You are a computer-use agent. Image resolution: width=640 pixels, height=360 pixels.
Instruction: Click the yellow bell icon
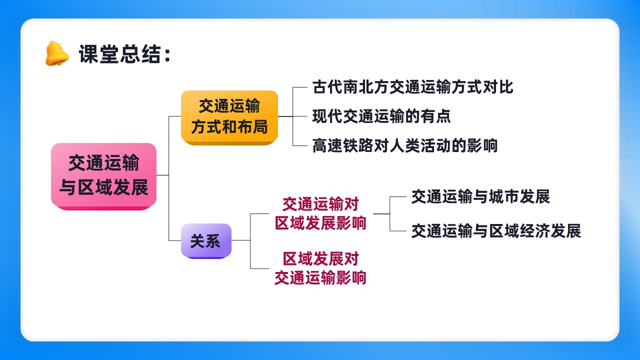coord(57,53)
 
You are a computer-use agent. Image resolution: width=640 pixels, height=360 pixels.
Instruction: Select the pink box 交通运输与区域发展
coord(103,176)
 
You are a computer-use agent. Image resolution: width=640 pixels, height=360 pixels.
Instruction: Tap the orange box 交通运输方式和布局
coord(229,117)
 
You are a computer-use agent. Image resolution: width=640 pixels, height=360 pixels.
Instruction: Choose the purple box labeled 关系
coord(206,241)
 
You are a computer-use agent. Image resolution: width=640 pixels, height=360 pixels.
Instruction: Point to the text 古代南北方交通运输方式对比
coord(412,87)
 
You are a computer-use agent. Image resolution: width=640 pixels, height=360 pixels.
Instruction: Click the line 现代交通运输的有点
coord(381,116)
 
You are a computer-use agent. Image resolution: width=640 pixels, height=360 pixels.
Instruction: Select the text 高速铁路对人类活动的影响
coord(405,145)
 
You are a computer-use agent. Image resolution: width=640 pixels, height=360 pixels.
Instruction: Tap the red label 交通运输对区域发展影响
coord(320,213)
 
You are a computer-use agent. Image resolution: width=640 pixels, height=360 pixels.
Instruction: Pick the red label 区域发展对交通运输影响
coord(320,268)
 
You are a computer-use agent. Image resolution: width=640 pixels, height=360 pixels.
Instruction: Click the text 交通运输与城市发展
coord(480,196)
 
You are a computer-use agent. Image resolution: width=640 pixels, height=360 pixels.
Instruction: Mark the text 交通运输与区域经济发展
coord(496,231)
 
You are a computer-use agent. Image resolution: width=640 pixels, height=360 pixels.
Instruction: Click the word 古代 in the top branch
coord(327,87)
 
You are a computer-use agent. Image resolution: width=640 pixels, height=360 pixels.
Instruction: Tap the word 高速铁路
coord(343,145)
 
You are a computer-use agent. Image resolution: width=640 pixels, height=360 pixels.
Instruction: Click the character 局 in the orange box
coord(260,127)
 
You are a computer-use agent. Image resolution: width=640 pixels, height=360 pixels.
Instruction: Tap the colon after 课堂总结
coord(167,55)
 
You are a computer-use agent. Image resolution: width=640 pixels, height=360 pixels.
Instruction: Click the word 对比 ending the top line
coord(498,87)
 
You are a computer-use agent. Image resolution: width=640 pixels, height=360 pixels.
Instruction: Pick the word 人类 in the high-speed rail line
coord(404,145)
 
